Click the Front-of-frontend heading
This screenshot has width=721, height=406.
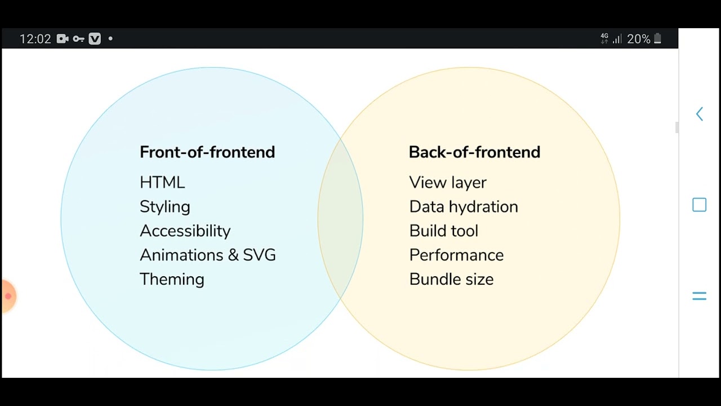coord(207,152)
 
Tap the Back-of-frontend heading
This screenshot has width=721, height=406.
coord(474,152)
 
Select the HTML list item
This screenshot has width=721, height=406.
coord(162,183)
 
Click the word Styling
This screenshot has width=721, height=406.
coord(164,207)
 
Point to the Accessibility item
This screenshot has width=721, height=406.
coord(185,231)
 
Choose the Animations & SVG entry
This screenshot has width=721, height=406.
coord(207,255)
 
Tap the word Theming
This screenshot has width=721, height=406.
coord(172,280)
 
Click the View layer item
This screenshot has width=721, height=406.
coord(447,183)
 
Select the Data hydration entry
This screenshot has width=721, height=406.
coord(463,207)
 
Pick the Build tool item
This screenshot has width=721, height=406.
coord(443,231)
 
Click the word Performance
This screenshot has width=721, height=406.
coord(456,255)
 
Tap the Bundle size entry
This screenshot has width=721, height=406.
coord(451,280)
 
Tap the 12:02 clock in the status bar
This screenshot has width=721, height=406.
coord(35,39)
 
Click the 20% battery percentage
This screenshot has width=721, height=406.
coord(638,39)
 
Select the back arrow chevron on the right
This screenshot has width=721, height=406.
coord(699,114)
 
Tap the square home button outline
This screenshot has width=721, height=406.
coord(699,205)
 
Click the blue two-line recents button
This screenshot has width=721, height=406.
coord(699,296)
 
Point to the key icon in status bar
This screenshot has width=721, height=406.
coord(78,39)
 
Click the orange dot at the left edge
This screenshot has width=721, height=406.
coord(8,296)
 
